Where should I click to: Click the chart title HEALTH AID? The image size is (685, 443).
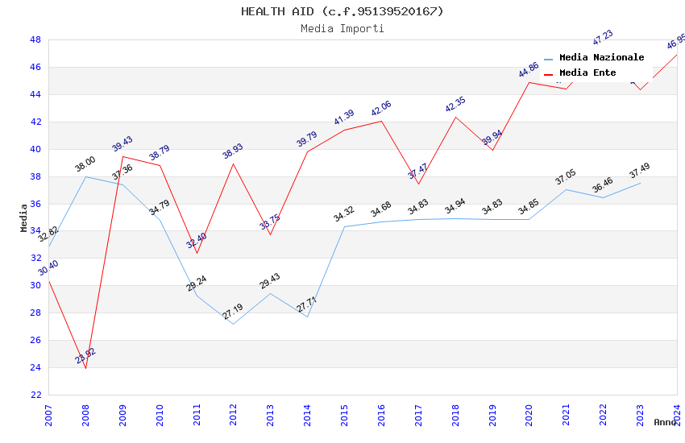(x=342, y=11)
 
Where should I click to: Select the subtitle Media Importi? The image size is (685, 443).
(x=342, y=29)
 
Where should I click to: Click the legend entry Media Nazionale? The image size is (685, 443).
(x=601, y=58)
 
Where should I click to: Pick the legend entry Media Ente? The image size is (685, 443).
(x=587, y=73)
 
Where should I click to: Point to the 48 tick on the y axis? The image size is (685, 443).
(x=35, y=40)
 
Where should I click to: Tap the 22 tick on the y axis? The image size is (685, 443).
(x=35, y=395)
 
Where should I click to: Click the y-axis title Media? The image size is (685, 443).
(x=24, y=217)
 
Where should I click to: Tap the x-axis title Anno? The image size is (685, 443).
(x=665, y=422)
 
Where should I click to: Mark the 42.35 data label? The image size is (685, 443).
(x=455, y=104)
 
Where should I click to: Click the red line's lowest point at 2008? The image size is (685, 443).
(x=85, y=368)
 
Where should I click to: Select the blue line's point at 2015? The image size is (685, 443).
(x=344, y=226)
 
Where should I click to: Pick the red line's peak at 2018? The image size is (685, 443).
(x=455, y=117)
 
